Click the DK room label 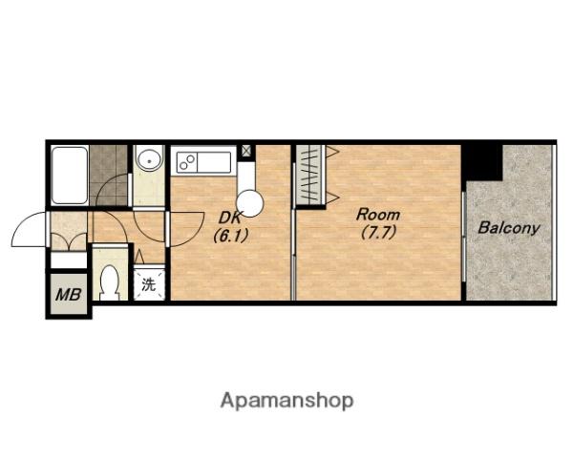(230, 219)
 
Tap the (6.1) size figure (230, 236)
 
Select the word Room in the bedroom (378, 215)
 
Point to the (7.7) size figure (378, 232)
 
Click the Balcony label (509, 228)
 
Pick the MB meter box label (69, 295)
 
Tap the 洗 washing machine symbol (149, 284)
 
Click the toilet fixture (110, 282)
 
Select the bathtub (70, 176)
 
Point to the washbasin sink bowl (150, 160)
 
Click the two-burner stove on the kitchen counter (187, 162)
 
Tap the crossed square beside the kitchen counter (246, 151)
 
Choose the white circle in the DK (250, 204)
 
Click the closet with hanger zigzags (310, 175)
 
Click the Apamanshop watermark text (286, 401)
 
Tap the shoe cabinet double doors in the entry (69, 241)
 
